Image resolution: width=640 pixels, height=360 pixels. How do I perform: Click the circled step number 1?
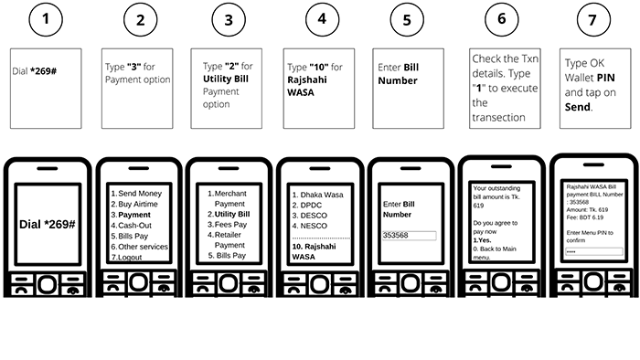(x=46, y=19)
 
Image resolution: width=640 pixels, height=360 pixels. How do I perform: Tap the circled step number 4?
(x=322, y=19)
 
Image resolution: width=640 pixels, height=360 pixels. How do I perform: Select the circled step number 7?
(x=593, y=19)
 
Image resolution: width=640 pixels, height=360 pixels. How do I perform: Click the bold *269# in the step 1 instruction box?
(x=43, y=71)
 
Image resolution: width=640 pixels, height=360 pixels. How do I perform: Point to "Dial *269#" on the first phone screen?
(x=48, y=224)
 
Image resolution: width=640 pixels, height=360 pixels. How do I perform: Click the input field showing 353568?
(x=409, y=235)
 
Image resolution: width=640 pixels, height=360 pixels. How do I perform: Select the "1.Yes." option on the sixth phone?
(x=482, y=240)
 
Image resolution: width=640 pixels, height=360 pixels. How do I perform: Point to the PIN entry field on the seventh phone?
(x=594, y=251)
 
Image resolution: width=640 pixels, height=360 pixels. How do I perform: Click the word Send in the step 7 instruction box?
(x=578, y=107)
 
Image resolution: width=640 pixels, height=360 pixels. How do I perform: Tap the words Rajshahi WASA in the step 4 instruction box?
(x=307, y=86)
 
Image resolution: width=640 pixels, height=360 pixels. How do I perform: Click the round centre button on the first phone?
(x=48, y=284)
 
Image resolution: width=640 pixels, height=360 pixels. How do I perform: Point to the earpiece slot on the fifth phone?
(x=411, y=168)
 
